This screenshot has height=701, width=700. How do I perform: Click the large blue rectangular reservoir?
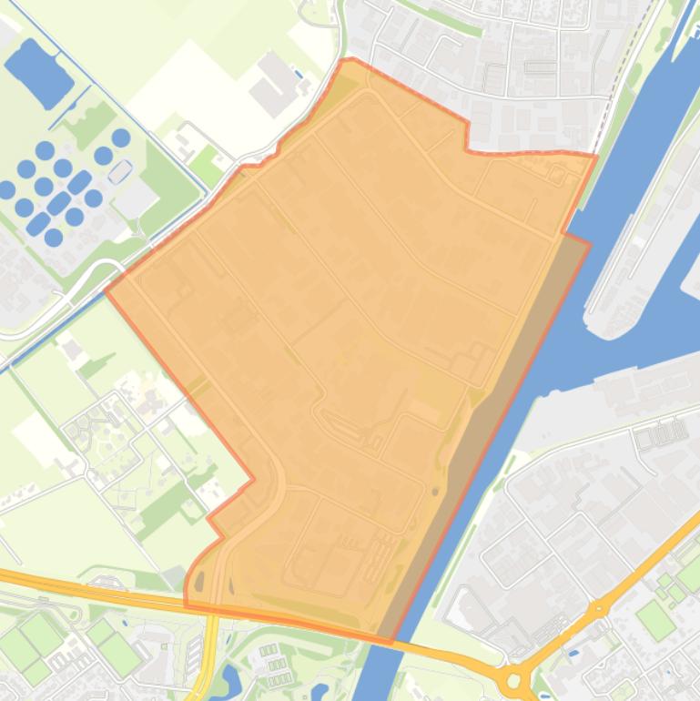[x=38, y=72]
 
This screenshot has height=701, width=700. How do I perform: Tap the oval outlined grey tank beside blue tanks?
[x=119, y=170]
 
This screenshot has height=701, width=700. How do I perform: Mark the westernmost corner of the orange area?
[x=107, y=291]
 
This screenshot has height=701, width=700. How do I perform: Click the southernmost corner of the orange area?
[x=391, y=641]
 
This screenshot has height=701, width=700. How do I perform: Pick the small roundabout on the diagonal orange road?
[x=597, y=608]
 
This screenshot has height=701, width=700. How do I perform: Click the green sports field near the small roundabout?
[x=655, y=619]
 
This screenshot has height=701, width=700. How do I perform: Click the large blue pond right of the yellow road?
[x=227, y=679]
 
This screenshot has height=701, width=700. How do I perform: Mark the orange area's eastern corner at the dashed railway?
[x=595, y=157]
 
